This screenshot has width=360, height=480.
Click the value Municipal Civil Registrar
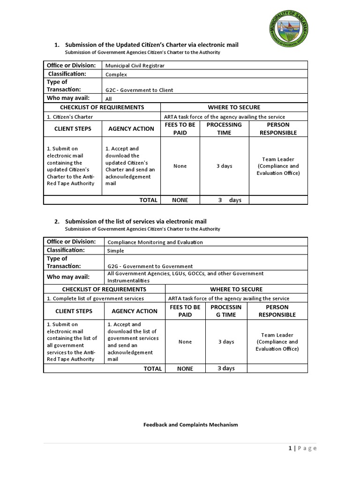(135, 66)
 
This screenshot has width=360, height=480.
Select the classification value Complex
(116, 74)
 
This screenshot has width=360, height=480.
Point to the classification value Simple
(116, 251)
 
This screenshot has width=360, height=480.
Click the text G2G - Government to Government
(150, 266)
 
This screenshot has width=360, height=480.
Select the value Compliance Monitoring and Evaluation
(155, 242)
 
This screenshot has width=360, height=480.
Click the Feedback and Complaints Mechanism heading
(190, 425)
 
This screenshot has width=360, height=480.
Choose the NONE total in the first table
(180, 200)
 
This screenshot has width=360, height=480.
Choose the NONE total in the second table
(185, 368)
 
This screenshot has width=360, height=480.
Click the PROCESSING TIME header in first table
(224, 128)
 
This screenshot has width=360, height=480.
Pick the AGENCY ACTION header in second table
(135, 311)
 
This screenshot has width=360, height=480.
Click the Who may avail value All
(109, 99)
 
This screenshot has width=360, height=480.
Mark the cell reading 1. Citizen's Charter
(70, 117)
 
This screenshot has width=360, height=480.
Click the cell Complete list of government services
(95, 298)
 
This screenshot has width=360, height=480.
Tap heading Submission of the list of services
(135, 221)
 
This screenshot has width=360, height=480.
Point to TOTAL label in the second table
(152, 368)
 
